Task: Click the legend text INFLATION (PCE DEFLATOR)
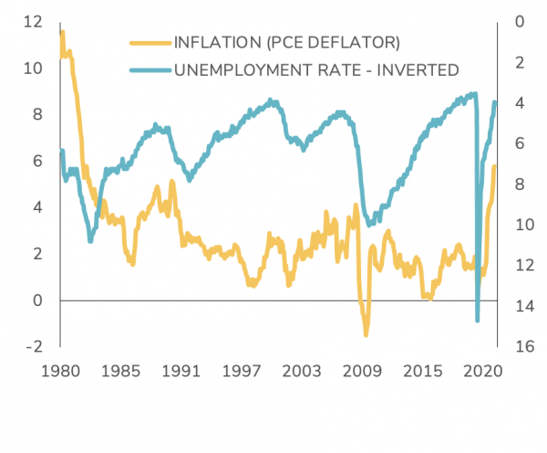pos(287,42)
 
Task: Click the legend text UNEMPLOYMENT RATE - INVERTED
pos(315,69)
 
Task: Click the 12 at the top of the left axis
pos(34,21)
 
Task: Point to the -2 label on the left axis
pos(34,346)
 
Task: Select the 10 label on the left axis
pos(34,68)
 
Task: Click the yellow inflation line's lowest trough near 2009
pos(366,334)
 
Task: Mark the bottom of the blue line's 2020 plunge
pos(478,321)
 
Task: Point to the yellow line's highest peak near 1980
pos(62,32)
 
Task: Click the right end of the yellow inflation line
pos(495,166)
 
